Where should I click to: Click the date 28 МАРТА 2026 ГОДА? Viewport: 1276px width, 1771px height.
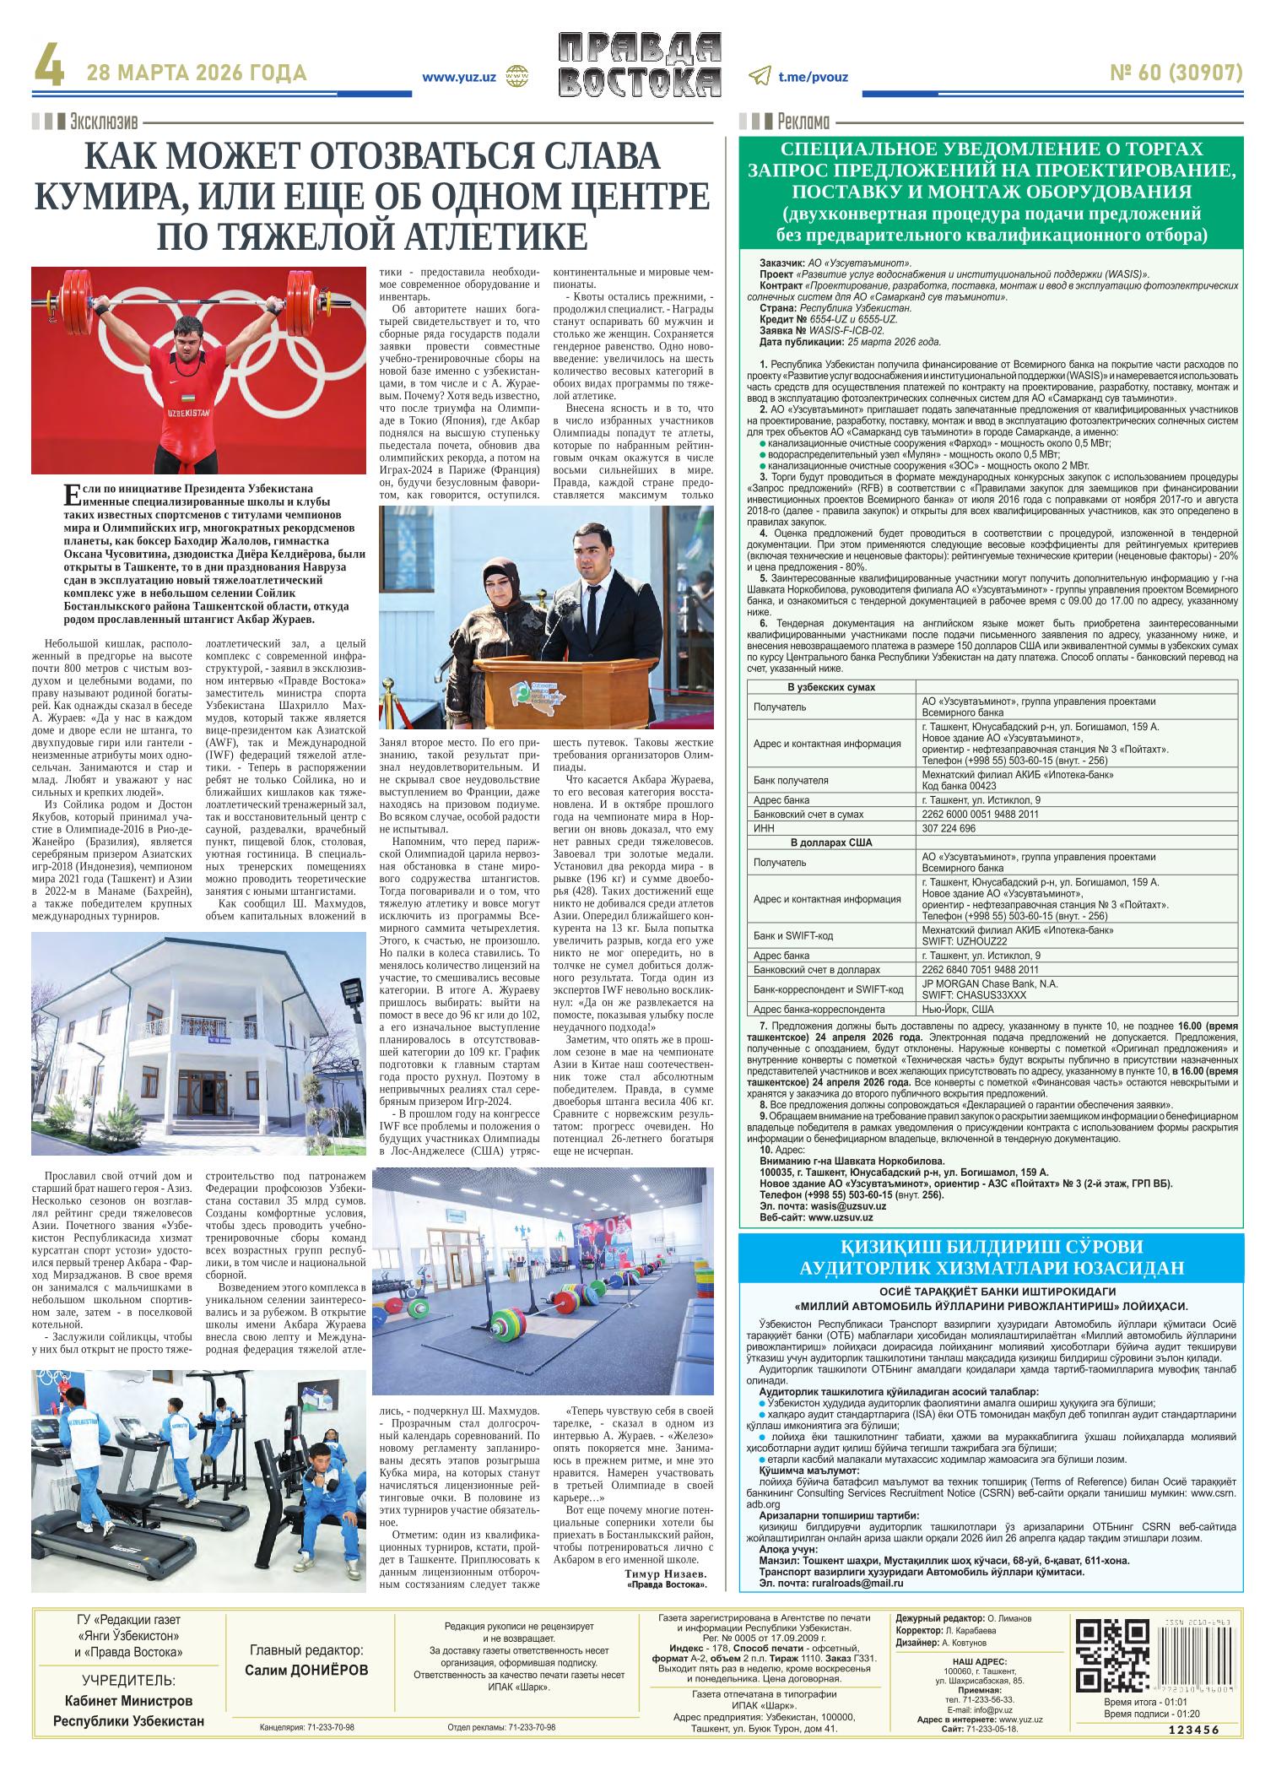197,74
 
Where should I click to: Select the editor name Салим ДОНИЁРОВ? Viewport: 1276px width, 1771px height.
306,1671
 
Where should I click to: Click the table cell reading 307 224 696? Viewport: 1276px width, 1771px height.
949,829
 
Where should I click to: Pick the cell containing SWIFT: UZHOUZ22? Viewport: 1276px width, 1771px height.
963,941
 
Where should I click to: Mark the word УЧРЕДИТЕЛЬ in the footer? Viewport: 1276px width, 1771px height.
128,1681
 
